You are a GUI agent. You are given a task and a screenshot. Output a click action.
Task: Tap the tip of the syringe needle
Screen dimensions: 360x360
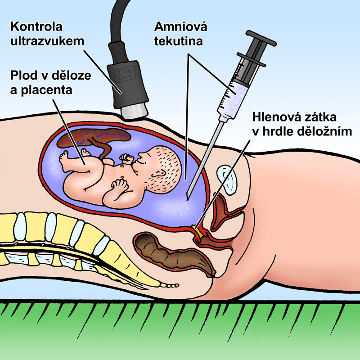(x=188, y=197)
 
